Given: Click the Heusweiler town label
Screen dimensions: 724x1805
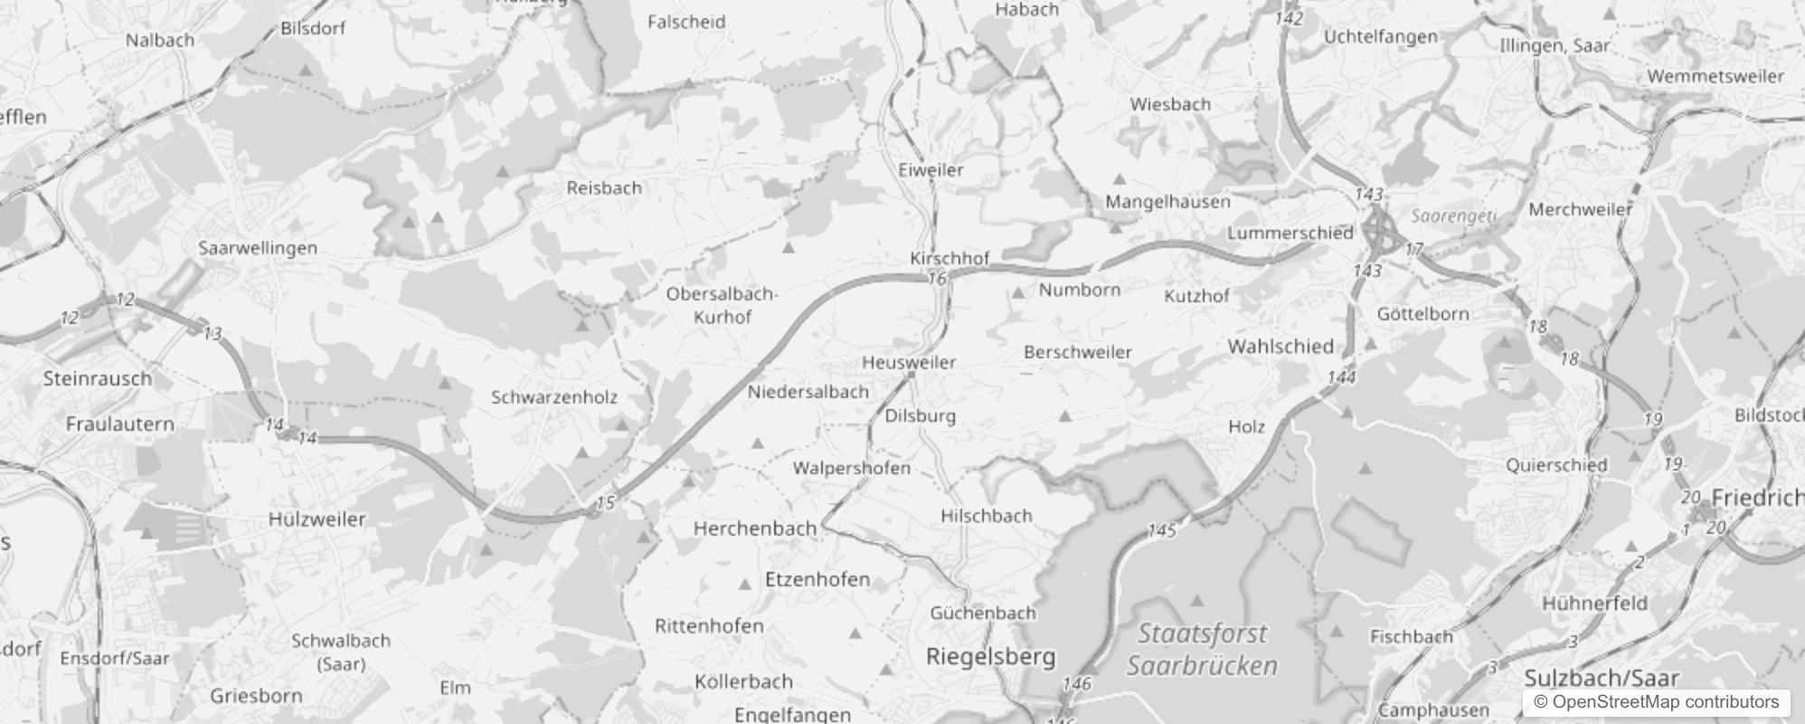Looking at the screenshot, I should coord(909,362).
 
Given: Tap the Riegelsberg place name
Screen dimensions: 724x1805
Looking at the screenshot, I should coord(990,656).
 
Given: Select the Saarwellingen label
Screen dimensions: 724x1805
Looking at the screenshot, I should coord(258,248).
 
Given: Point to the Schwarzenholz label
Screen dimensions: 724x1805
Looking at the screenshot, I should coord(554,396).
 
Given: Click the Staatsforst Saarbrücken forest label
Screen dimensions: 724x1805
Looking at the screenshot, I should coord(1202,650).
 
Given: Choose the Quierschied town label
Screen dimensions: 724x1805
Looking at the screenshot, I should coord(1556,465).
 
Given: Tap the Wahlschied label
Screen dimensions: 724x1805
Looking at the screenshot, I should coord(1281,346).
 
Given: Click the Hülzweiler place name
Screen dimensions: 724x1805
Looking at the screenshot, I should coord(317,519).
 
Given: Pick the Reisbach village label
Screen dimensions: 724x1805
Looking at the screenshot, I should coord(604,188).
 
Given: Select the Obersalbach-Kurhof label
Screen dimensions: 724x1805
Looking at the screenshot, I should coord(722,305).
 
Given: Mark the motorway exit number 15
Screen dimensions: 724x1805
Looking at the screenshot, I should coord(606,502).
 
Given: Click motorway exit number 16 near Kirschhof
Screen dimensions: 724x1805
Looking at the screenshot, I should coord(937,279).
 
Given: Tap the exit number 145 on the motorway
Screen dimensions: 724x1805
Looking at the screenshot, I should coord(1161,530).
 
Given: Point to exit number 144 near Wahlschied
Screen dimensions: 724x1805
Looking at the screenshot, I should coord(1341,376).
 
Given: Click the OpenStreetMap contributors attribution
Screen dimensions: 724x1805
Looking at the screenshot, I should coord(1656,702).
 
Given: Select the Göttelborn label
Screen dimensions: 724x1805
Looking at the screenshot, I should coord(1422,314).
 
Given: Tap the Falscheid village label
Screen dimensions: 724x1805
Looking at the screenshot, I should coord(686,23).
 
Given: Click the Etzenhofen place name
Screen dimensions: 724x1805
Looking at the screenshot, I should coord(817,579).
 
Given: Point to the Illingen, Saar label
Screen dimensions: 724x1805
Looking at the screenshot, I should coord(1555,45).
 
